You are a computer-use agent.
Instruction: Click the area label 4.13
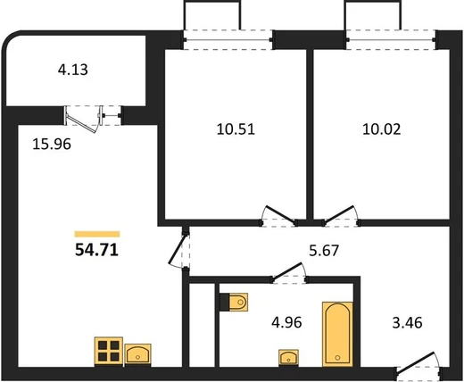tap(73, 71)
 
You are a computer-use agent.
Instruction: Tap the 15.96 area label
tap(52, 145)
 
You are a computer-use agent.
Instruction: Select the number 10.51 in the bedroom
tap(236, 129)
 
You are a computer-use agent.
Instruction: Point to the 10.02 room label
tap(382, 129)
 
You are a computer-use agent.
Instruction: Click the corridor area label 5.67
tap(324, 251)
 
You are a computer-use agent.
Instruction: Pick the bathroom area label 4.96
tap(286, 322)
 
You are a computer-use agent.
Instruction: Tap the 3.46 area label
tap(407, 322)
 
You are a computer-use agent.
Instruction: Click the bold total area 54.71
tap(97, 250)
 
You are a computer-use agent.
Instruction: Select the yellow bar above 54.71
tap(97, 234)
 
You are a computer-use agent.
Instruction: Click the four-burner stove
tap(109, 351)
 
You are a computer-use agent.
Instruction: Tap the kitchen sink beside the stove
tap(137, 354)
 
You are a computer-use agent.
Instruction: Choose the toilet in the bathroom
tap(234, 303)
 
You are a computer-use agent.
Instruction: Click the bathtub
tap(337, 334)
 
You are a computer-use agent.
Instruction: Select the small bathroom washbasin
tap(288, 357)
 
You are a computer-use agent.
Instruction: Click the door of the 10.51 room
tap(279, 215)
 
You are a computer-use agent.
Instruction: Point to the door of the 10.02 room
tap(340, 215)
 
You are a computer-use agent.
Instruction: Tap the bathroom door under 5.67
tap(289, 272)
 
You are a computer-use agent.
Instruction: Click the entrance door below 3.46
tap(418, 363)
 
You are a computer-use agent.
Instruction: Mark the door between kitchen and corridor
tap(178, 249)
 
